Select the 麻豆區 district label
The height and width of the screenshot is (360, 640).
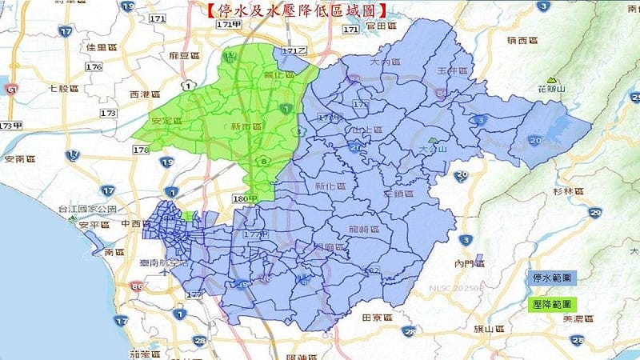[x=183, y=56]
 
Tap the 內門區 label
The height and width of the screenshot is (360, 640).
[x=469, y=262]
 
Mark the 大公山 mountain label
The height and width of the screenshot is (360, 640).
[x=433, y=149]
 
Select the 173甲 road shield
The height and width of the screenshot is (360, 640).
[x=11, y=126]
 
